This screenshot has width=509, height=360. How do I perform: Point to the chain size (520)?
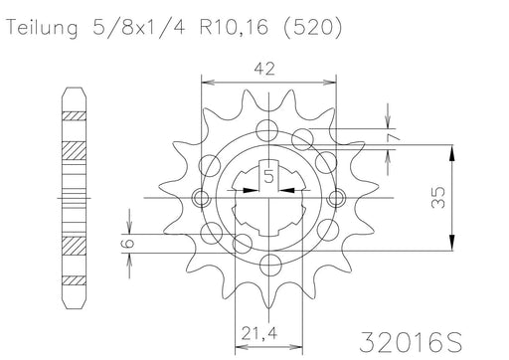click(311, 30)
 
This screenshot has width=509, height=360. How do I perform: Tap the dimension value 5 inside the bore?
click(269, 177)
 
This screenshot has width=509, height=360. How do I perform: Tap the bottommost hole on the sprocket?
click(269, 267)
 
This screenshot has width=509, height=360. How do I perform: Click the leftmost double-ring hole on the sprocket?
click(203, 198)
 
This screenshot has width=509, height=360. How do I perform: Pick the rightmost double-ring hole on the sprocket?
click(336, 198)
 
